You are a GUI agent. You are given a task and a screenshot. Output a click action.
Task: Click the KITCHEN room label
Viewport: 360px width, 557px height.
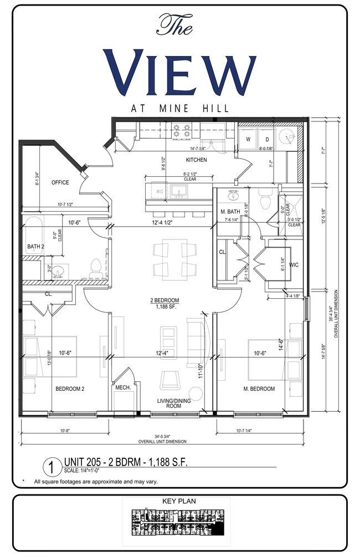(x=196, y=160)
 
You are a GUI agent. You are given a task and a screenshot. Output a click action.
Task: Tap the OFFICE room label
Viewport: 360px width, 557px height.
(x=60, y=182)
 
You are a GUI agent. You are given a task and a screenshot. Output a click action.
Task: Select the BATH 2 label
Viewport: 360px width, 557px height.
(x=35, y=246)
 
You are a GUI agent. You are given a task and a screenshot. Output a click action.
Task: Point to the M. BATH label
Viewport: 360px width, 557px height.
(x=229, y=212)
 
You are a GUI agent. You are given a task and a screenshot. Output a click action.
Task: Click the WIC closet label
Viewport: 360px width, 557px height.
(x=294, y=265)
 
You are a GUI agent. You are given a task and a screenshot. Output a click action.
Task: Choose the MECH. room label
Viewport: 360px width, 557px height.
(x=122, y=388)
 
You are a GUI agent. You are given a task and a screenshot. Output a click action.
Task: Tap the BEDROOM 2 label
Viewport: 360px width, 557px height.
(x=70, y=389)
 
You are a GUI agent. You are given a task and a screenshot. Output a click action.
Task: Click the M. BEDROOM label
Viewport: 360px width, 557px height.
(x=259, y=389)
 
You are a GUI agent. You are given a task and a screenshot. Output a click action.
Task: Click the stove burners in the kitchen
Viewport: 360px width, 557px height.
(x=182, y=131)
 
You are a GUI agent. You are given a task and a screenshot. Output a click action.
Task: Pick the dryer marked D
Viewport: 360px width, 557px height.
(x=266, y=139)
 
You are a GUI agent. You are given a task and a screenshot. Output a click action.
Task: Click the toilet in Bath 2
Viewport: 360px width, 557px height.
(x=97, y=267)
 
